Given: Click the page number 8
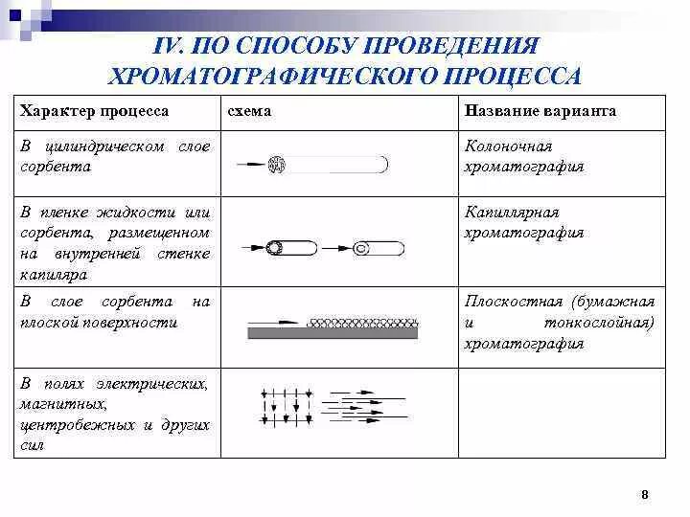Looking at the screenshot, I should coord(644,494).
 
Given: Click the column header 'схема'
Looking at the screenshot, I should coord(249,112).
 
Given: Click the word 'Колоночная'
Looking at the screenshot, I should coord(509,146).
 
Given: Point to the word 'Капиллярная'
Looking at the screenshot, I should coord(512,213).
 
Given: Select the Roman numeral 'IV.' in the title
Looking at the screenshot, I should coord(170,47).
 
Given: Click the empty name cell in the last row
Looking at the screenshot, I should coord(561,413).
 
